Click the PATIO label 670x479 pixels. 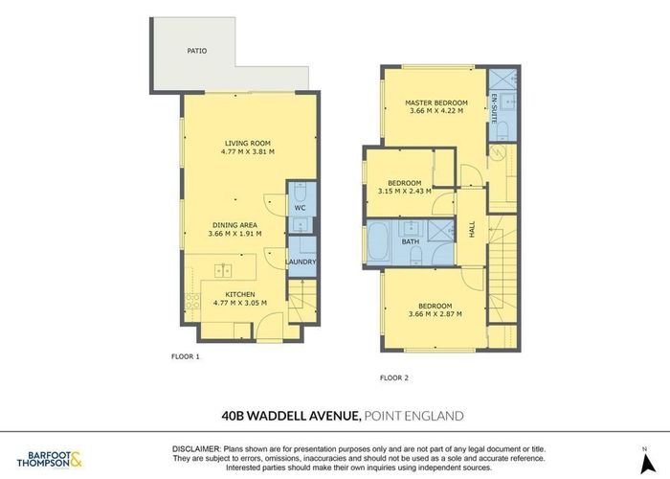pos(196,51)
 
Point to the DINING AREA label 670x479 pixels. pos(234,224)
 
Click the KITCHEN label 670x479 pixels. pos(239,294)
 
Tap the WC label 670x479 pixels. pos(300,207)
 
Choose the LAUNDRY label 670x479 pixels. pos(301,262)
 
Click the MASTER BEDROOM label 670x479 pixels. pos(435,103)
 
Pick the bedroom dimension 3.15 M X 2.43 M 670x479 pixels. pos(405,191)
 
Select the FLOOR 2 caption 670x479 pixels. pos(393,377)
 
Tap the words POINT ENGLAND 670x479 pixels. pos(413,415)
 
